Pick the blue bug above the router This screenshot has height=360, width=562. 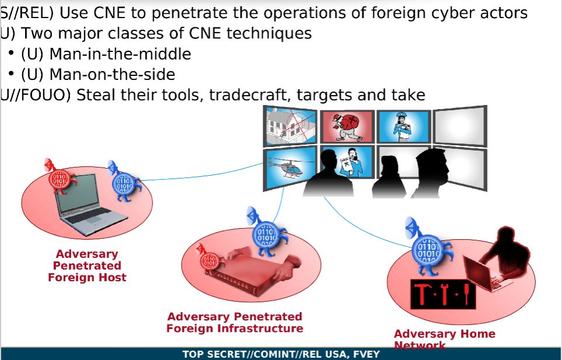pos(266,237)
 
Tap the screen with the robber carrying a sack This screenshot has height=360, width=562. pos(347,126)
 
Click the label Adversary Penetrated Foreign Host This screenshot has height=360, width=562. pos(87,266)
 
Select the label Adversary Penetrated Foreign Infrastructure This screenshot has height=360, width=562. pos(235,323)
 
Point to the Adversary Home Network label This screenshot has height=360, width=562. pos(444,338)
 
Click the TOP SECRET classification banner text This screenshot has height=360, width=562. pos(281,354)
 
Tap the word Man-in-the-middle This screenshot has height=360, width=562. pos(120,54)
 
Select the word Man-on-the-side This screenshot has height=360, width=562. pos(112,75)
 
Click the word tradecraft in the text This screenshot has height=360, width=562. pos(249,95)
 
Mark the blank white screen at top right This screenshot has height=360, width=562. pos(459,126)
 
